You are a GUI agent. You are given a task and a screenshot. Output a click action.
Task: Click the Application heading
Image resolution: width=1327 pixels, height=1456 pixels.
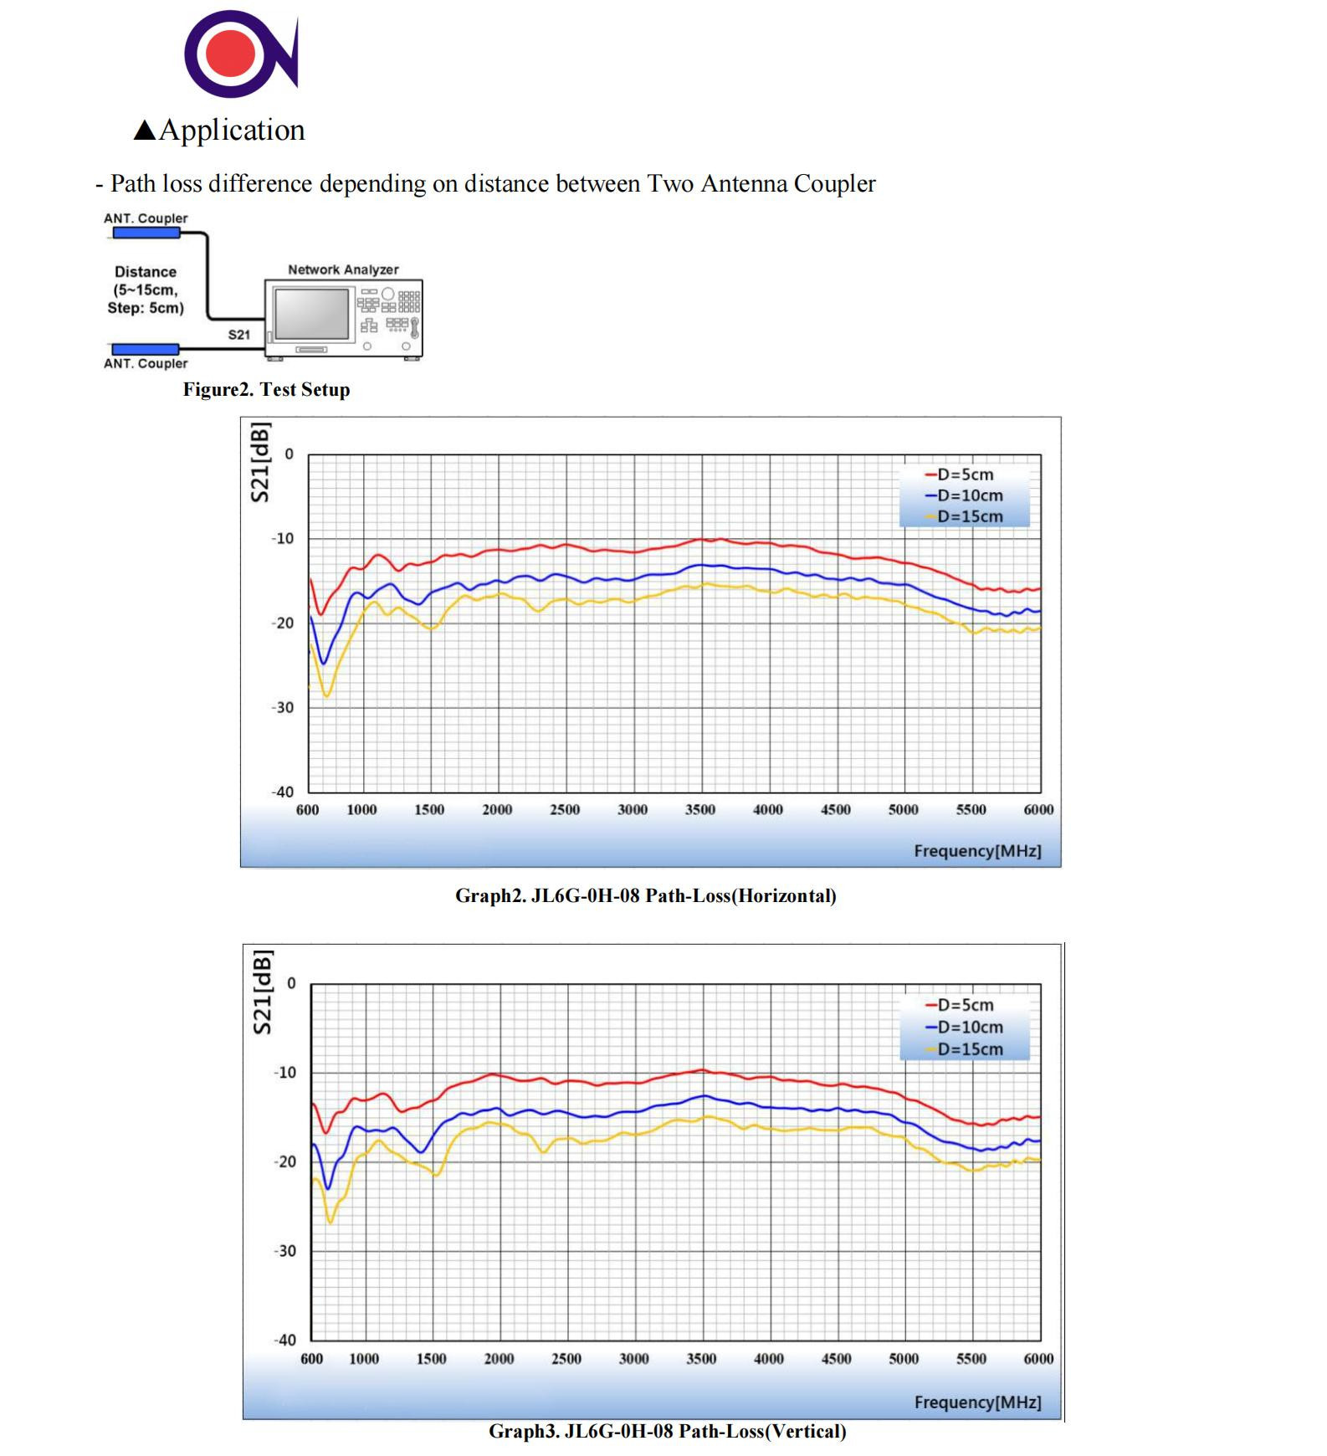click(x=221, y=131)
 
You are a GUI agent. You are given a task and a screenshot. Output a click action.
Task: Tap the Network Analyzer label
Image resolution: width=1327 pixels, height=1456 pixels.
click(x=343, y=269)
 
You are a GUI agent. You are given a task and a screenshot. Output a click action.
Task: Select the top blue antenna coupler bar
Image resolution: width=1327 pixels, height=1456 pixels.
click(x=146, y=233)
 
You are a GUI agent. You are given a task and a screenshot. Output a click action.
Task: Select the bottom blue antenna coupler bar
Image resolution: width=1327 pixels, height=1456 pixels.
click(x=146, y=348)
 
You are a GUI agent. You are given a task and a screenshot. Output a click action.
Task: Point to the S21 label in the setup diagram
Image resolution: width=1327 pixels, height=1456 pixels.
click(x=239, y=335)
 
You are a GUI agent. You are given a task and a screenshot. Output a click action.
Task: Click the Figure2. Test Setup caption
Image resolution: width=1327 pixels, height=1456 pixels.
click(x=266, y=389)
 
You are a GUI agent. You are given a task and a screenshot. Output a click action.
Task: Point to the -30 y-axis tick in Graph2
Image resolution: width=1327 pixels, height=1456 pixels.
click(x=283, y=707)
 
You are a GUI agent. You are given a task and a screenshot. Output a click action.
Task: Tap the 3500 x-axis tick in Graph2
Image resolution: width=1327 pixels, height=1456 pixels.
click(x=700, y=809)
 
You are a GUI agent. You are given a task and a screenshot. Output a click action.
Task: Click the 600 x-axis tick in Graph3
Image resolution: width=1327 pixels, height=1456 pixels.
click(x=311, y=1358)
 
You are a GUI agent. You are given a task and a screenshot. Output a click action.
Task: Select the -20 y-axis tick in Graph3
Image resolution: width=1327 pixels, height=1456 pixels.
click(x=284, y=1161)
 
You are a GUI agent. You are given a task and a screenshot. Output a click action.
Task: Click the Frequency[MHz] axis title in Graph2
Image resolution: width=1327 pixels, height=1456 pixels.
click(x=977, y=851)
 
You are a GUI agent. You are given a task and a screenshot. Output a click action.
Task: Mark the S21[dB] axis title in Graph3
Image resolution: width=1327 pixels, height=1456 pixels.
click(x=262, y=992)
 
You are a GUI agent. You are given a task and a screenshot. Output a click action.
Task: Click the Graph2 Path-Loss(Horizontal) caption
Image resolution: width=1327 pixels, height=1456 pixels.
click(x=645, y=895)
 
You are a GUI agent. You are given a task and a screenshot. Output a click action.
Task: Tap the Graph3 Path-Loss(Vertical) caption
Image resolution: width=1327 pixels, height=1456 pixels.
click(x=667, y=1431)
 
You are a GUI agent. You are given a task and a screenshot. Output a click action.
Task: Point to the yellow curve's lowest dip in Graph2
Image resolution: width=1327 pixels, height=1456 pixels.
click(x=326, y=695)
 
